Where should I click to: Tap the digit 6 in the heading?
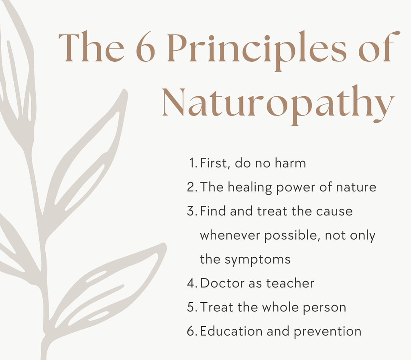tap(145, 47)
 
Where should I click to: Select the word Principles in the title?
tap(257, 50)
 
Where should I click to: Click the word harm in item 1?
tap(291, 163)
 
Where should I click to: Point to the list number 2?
tap(192, 187)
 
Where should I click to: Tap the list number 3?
tap(192, 211)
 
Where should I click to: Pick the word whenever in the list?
tap(230, 235)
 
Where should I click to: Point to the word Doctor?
tap(222, 283)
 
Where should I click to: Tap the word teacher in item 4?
tap(290, 283)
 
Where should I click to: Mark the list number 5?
tap(192, 307)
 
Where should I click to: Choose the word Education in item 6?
tap(232, 331)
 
